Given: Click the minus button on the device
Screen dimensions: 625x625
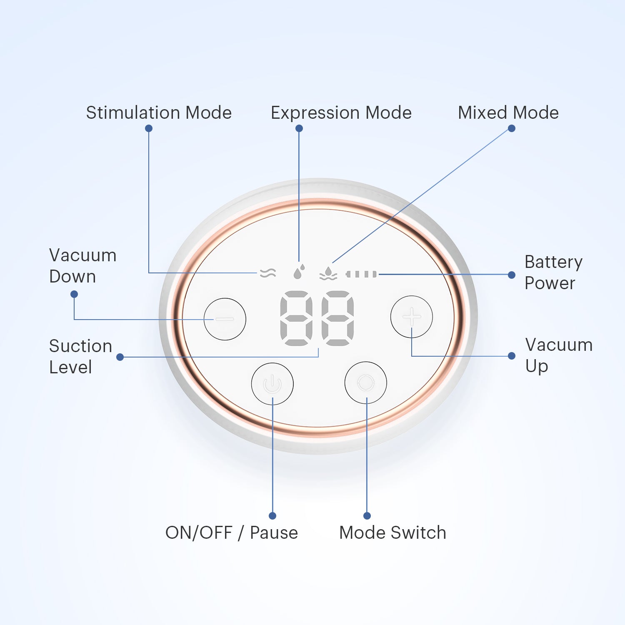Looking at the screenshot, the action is (x=225, y=319).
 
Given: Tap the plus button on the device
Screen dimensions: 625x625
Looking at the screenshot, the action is (x=412, y=317).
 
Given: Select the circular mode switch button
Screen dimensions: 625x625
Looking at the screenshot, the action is (x=366, y=382).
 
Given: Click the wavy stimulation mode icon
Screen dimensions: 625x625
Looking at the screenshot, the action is (x=268, y=273).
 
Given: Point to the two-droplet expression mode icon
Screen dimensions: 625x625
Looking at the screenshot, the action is (x=299, y=271).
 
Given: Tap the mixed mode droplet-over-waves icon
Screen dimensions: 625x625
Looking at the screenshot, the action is (x=328, y=273).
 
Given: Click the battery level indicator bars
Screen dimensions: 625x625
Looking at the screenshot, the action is (x=362, y=274).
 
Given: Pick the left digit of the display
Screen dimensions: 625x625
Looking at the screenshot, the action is (x=296, y=318).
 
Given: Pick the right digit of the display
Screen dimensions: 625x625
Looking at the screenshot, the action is (x=338, y=318).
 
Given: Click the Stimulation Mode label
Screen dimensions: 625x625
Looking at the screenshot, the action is (x=159, y=113).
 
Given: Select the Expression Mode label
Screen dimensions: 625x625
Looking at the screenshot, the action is (x=341, y=113).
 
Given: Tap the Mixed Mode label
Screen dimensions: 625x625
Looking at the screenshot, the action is (x=508, y=113).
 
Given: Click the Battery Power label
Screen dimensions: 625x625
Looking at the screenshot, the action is (x=553, y=272).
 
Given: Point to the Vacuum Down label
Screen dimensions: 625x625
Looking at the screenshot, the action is (x=82, y=266).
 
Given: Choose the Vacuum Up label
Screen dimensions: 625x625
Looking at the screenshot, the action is (x=559, y=355).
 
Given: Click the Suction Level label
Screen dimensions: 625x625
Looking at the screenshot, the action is (x=80, y=357).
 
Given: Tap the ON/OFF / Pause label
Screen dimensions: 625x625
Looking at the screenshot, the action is (x=232, y=533).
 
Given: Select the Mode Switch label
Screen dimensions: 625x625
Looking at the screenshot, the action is (x=392, y=533).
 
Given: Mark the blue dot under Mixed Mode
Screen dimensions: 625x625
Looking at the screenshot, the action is (x=512, y=128).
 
